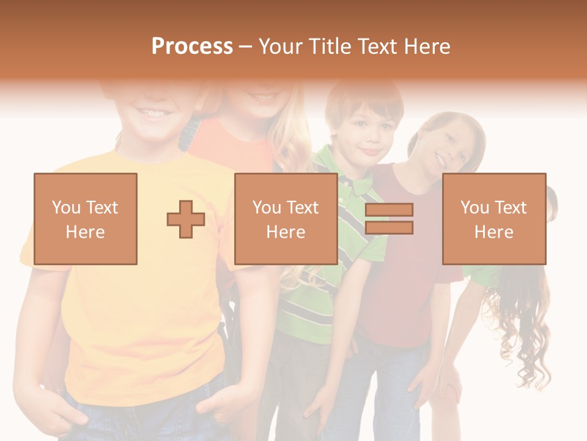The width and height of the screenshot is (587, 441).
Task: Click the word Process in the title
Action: click(192, 47)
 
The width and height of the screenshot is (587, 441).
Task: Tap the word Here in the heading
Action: click(424, 47)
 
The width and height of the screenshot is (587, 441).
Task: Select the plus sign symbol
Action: click(186, 219)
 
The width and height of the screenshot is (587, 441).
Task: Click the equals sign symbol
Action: click(389, 219)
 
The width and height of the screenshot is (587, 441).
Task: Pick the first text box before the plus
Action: click(86, 219)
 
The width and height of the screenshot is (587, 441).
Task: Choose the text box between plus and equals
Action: click(286, 219)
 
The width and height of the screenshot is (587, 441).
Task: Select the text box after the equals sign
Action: click(493, 219)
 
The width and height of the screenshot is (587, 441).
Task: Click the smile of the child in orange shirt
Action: click(264, 97)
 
